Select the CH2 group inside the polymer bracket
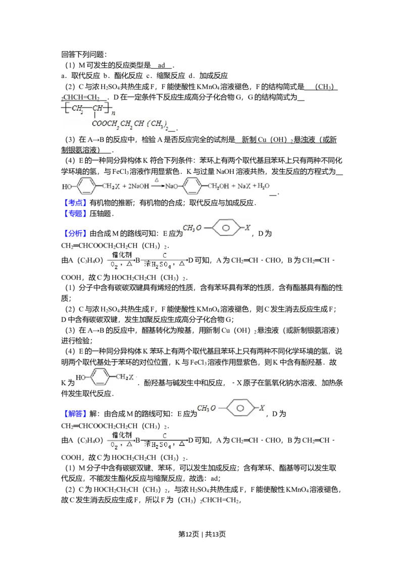pyautogui.click(x=77, y=108)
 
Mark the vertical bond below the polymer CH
pyautogui.click(x=94, y=116)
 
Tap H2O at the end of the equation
pyautogui.click(x=263, y=186)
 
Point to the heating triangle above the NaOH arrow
pyautogui.click(x=157, y=180)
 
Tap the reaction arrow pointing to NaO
pyautogui.click(x=157, y=186)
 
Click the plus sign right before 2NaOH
pyautogui.click(x=123, y=186)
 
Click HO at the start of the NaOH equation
pyautogui.click(x=67, y=186)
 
